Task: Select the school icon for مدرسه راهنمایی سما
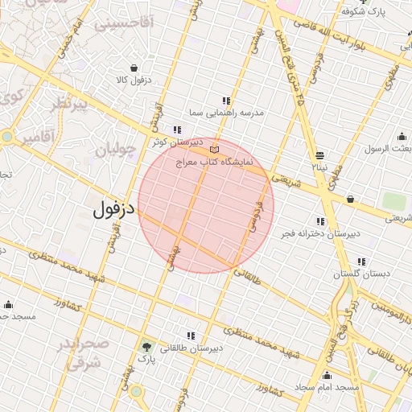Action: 227,101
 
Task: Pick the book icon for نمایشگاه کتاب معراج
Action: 213,150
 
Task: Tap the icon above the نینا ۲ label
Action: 320,154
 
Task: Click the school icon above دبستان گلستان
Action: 362,262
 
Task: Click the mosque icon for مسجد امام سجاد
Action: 327,375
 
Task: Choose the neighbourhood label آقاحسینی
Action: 124,24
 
